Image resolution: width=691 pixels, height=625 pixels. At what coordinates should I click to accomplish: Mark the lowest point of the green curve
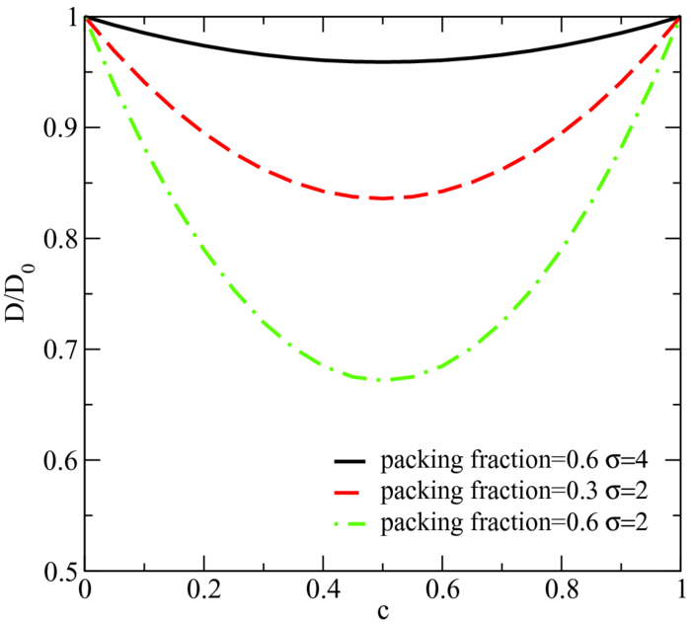pos(383,379)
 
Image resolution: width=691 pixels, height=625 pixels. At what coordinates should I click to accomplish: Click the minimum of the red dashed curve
pos(383,198)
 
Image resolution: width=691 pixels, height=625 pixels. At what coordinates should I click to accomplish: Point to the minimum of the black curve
pos(383,61)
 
